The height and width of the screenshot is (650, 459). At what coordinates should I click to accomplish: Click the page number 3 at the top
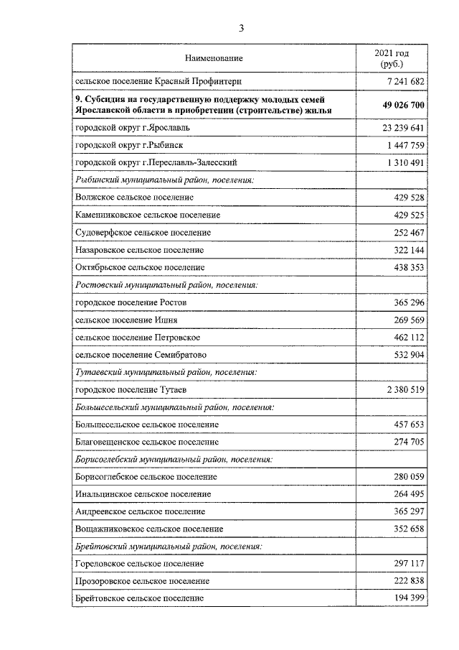pos(242,28)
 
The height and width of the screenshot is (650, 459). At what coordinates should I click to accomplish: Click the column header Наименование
pos(214,57)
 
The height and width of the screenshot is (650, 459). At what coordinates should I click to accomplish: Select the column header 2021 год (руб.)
pos(392,58)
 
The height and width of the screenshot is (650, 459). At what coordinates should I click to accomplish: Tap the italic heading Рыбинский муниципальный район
pos(166,180)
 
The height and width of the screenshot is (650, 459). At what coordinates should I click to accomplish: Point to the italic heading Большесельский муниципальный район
pos(173,407)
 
